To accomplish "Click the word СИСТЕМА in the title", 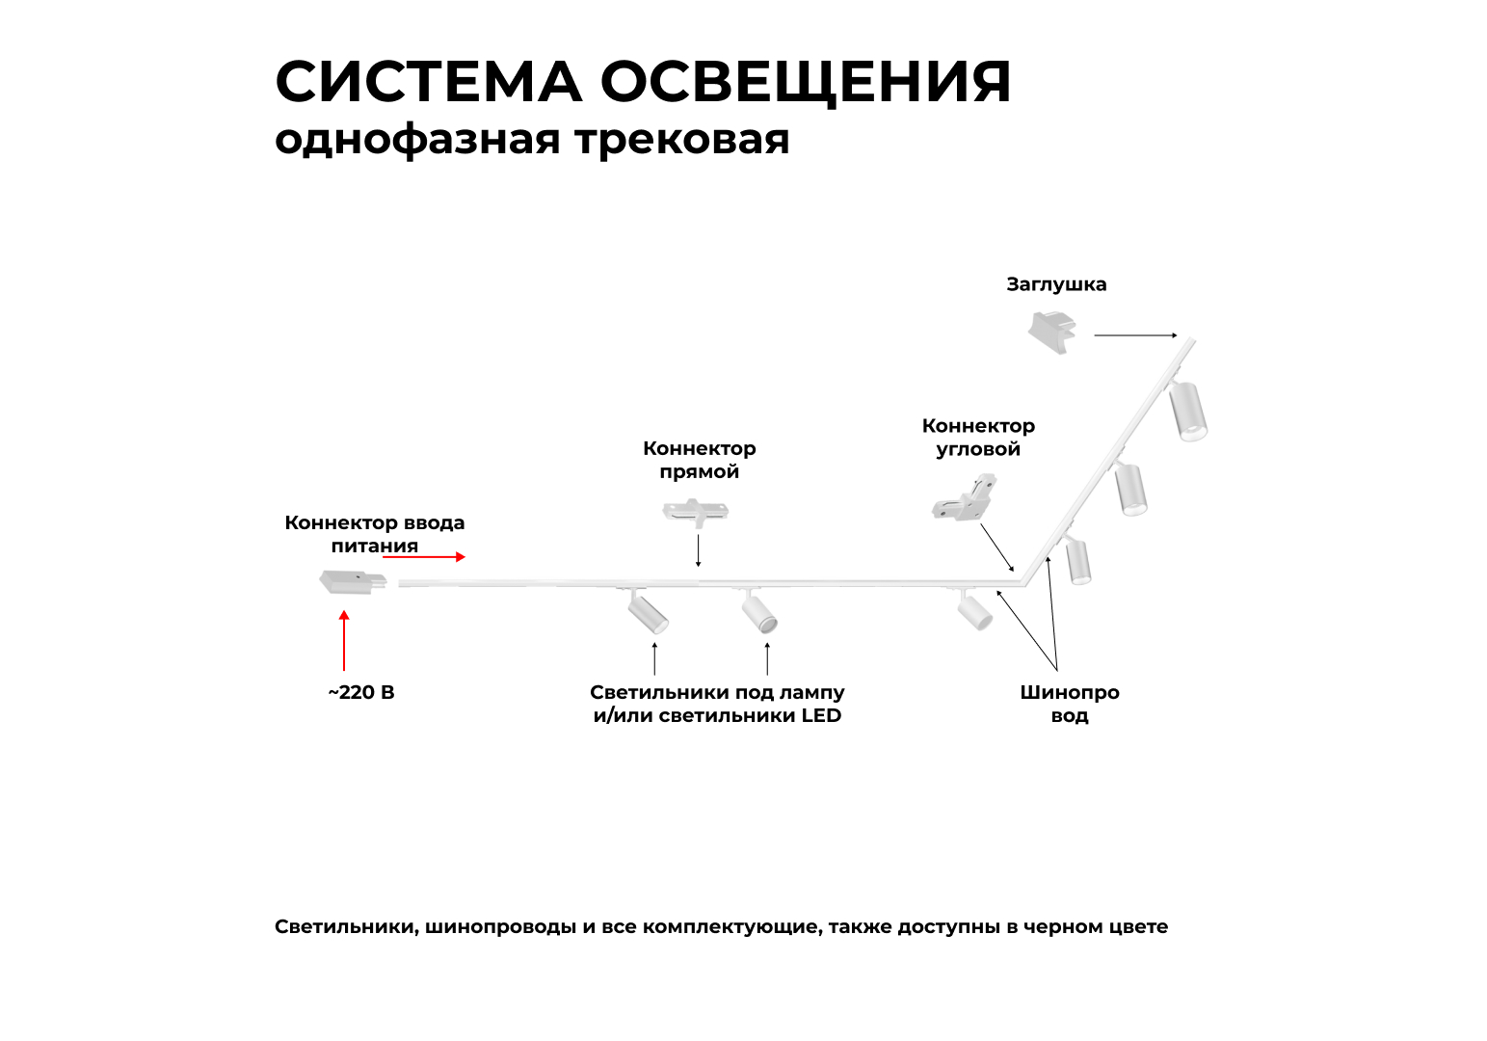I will [x=428, y=82].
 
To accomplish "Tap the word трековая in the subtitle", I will [x=682, y=140].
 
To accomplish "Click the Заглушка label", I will [x=1056, y=284].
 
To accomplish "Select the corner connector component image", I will [x=965, y=498].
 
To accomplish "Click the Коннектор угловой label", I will [x=978, y=438].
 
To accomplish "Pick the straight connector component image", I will [x=695, y=511].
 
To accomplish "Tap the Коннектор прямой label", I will [x=700, y=460].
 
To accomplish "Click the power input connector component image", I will [x=352, y=582].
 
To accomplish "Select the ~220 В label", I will [x=361, y=693].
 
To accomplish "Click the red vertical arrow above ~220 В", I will [x=344, y=640].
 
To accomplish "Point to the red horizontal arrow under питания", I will [x=434, y=556].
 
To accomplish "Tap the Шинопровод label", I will [x=1070, y=704].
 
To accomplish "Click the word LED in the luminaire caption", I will [x=821, y=716].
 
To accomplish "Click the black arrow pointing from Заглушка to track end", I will [x=1135, y=335].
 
